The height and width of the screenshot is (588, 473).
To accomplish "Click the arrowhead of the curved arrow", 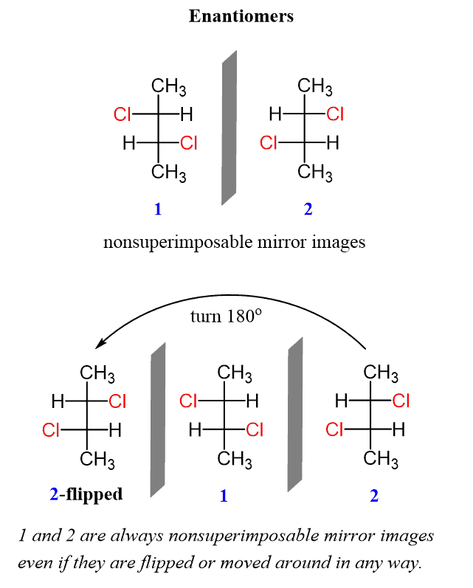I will pos(100,345).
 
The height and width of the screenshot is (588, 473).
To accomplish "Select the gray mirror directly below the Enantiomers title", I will pos(229,128).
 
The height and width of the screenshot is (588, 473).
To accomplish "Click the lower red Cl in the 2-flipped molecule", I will pos(51,430).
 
